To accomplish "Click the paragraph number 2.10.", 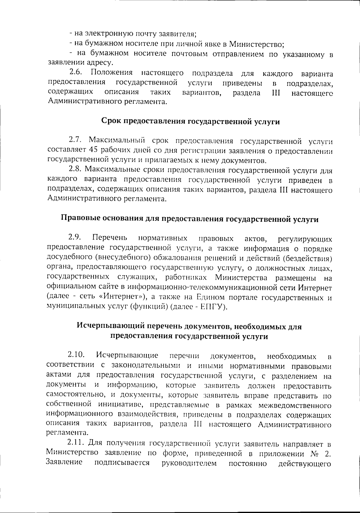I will (76, 356).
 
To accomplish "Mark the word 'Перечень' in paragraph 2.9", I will (109, 238).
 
